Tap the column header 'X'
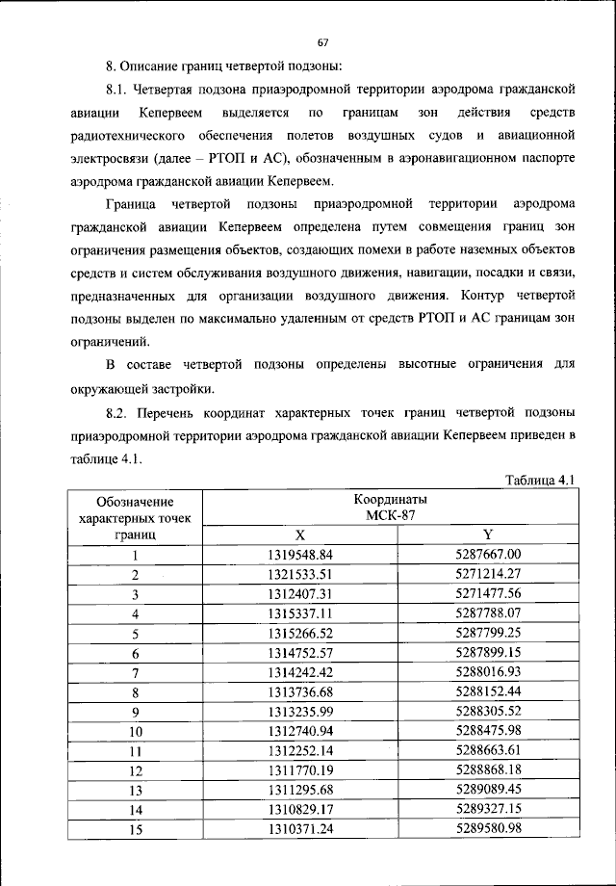pyautogui.click(x=299, y=534)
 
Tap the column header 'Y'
pyautogui.click(x=487, y=534)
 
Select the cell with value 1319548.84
pyautogui.click(x=299, y=555)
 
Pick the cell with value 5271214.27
pyautogui.click(x=487, y=574)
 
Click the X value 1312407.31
pyautogui.click(x=299, y=594)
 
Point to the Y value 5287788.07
pyautogui.click(x=487, y=613)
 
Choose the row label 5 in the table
pyautogui.click(x=136, y=634)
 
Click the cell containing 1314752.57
pyautogui.click(x=299, y=653)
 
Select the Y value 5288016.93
pyautogui.click(x=487, y=672)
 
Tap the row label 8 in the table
pyautogui.click(x=136, y=692)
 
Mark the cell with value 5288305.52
pyautogui.click(x=487, y=712)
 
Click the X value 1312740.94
pyautogui.click(x=299, y=731)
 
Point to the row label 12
pyautogui.click(x=136, y=770)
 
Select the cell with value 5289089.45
pyautogui.click(x=487, y=790)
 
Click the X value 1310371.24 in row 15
pyautogui.click(x=299, y=829)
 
